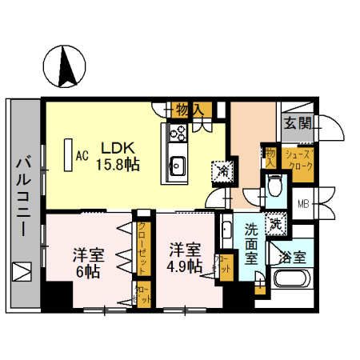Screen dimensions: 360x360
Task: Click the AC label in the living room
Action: click(81, 156)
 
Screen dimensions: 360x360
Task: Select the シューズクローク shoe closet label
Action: click(299, 161)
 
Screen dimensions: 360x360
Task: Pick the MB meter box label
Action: click(303, 203)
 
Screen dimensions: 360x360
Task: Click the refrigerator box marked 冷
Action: click(220, 170)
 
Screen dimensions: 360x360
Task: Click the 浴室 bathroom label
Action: click(297, 258)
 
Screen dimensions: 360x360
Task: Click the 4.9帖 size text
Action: click(183, 267)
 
